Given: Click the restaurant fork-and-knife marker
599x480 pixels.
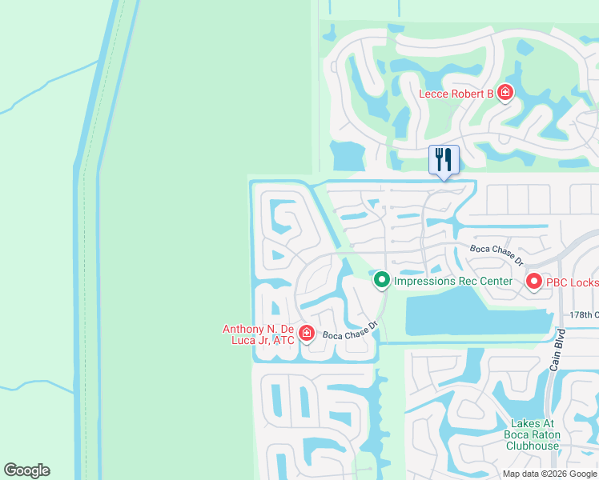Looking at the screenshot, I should point(444,159).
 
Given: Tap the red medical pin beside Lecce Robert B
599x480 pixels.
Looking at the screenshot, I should point(505,94).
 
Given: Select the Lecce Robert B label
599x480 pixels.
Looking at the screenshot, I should point(456,94).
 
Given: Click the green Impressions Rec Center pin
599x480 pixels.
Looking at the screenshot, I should point(382,280).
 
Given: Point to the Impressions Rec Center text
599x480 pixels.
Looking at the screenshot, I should point(452,281).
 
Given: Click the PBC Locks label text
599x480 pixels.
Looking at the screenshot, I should point(572,282).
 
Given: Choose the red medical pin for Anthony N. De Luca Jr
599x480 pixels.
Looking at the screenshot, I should point(306,333).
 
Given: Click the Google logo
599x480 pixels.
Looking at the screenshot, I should point(26,470).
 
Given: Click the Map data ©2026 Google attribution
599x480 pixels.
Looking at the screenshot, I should point(549,474).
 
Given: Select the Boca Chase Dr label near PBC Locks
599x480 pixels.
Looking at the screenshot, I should point(496,254).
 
